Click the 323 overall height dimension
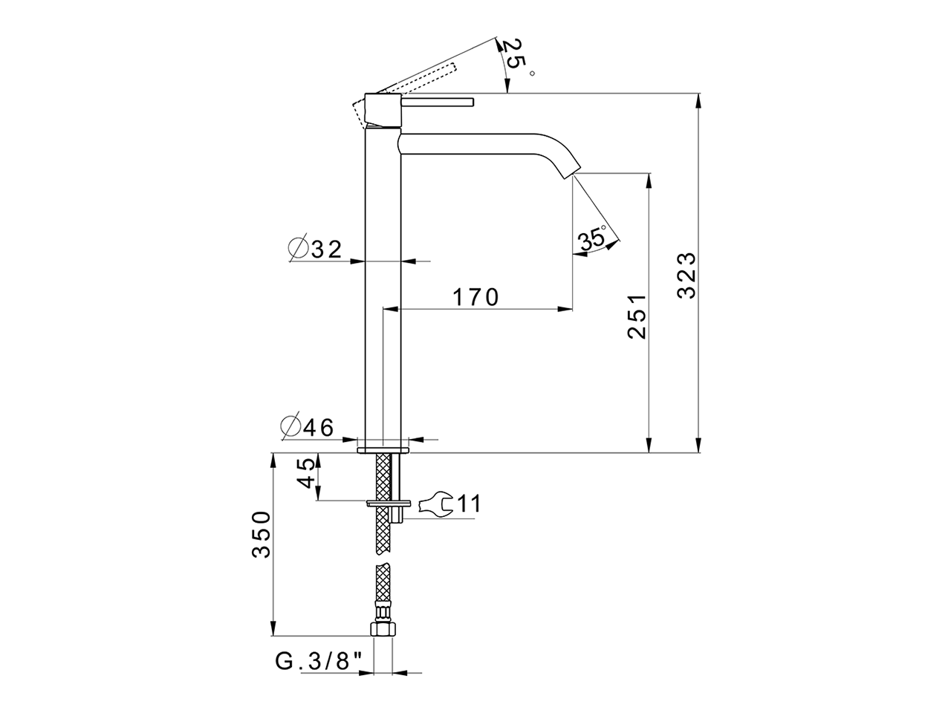(x=687, y=275)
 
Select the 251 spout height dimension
(x=637, y=316)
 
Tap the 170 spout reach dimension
(x=475, y=297)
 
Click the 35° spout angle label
(x=593, y=239)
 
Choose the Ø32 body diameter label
(x=316, y=250)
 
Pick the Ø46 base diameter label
(x=307, y=426)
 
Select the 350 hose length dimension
(x=261, y=534)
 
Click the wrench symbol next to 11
(x=435, y=504)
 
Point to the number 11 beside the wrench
(x=468, y=504)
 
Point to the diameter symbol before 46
(x=290, y=426)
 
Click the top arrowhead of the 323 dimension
(x=698, y=98)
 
